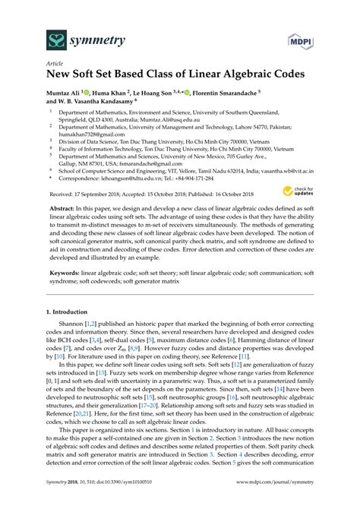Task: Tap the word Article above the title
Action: click(x=55, y=65)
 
